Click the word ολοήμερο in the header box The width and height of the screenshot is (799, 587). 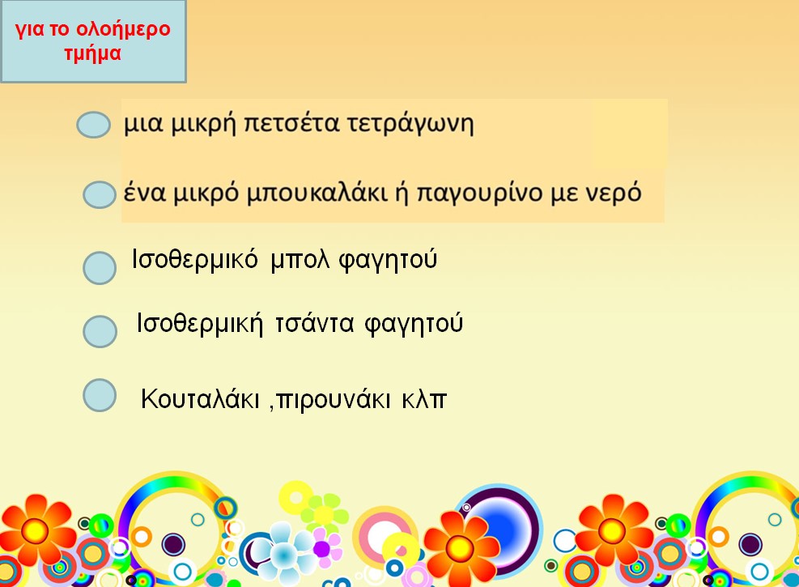(x=123, y=29)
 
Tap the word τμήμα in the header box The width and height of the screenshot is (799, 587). (x=93, y=53)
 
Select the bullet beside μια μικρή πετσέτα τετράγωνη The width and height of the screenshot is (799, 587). (x=93, y=125)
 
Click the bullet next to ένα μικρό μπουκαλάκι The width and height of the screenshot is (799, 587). (x=100, y=194)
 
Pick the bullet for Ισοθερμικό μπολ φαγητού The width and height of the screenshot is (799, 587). (x=100, y=267)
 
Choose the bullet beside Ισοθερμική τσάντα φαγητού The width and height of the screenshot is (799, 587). (x=100, y=331)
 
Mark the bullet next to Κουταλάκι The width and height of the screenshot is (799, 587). (x=100, y=395)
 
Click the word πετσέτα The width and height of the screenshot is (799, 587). (x=291, y=124)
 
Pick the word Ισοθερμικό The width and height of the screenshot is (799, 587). (x=194, y=259)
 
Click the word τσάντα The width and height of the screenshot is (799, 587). (x=314, y=324)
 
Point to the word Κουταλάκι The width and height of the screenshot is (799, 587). (x=200, y=398)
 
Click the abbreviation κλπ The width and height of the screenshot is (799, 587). (x=424, y=399)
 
